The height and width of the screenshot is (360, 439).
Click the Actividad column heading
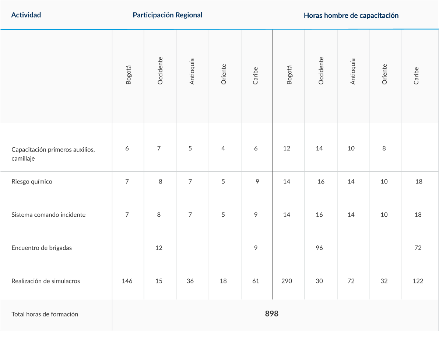pos(26,15)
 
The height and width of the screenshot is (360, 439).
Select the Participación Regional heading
pos(168,15)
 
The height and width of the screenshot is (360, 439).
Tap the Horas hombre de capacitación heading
pos(351,15)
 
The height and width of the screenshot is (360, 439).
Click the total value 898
pos(271,314)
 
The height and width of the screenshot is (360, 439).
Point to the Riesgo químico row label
pos(32,182)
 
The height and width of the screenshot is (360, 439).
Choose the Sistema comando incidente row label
pos(49,214)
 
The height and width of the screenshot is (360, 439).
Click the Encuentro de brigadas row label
pos(42,248)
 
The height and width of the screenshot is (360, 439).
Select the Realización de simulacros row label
pos(46,281)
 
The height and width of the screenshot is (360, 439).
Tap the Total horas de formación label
pos(45,314)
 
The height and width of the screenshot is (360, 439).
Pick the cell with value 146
pos(127,281)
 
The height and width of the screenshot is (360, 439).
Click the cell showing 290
pos(287,281)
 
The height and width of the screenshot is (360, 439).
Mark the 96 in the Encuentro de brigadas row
pos(319,248)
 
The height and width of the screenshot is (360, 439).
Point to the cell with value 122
pos(418,281)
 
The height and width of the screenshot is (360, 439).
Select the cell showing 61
pos(256,281)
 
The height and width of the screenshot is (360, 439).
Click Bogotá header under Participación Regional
pos(128,75)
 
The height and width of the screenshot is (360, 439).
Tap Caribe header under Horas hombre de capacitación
pos(416,76)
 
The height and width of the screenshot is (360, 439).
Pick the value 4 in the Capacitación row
pos(223,148)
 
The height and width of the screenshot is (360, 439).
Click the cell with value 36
pos(190,281)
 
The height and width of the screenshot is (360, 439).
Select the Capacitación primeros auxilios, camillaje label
pos(53,154)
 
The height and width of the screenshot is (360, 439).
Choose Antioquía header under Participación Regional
pos(192,71)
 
